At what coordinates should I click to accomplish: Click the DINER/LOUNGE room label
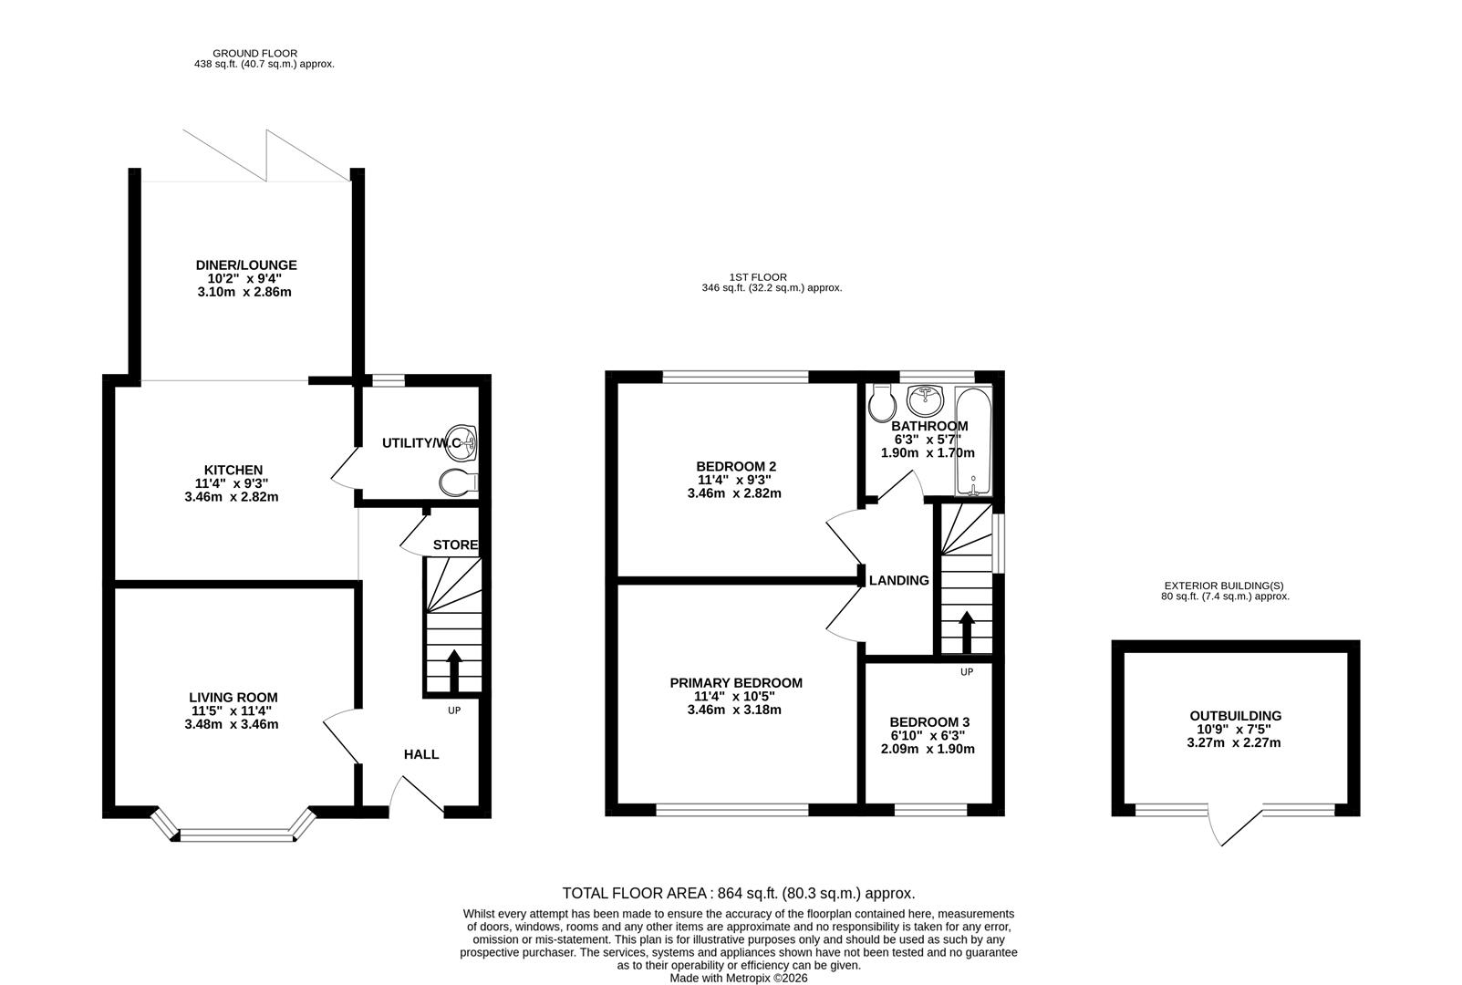coord(246,265)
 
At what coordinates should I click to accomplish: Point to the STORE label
coord(455,545)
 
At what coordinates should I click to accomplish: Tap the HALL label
coord(421,754)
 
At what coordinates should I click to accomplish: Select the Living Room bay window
coord(233,833)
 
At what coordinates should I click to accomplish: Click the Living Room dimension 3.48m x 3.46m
coord(231,725)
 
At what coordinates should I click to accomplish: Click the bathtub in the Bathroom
coord(973,442)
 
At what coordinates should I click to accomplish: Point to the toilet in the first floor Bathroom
coord(880,402)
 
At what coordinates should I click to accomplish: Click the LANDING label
coord(898,580)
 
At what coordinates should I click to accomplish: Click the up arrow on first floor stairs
coord(966,631)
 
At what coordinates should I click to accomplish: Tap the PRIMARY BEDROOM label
coord(736,683)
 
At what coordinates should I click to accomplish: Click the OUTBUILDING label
coord(1235,716)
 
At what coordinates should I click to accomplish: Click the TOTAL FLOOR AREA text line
coord(738,894)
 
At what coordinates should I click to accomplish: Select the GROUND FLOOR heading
coord(254,54)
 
